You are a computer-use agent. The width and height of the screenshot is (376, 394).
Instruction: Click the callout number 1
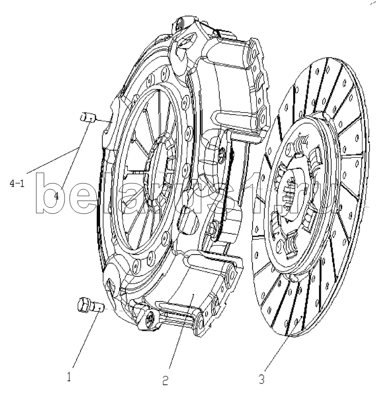point(69,377)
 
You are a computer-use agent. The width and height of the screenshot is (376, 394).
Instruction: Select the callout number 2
point(165,380)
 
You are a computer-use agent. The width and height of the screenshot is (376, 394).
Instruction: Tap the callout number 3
point(261,379)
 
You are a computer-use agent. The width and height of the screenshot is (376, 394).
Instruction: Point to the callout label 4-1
point(17,184)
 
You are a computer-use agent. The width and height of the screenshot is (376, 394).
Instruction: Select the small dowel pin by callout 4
point(88,117)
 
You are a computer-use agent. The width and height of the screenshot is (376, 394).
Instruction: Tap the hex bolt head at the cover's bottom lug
point(150,320)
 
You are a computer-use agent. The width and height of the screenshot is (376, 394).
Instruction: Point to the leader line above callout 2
point(181,334)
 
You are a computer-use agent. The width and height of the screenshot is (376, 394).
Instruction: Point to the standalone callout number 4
point(57,196)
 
